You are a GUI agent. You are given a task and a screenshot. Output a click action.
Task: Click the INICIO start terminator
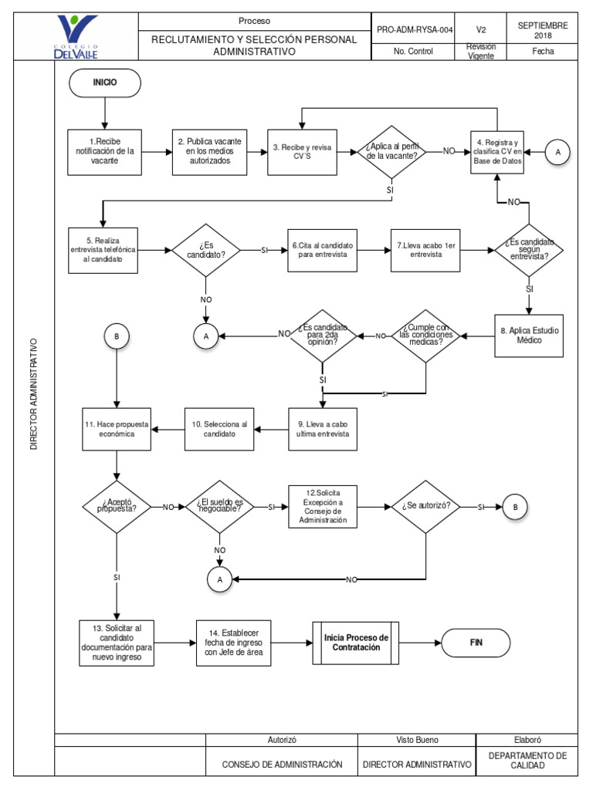click(x=104, y=82)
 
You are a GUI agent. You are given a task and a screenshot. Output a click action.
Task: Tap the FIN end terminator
click(x=476, y=642)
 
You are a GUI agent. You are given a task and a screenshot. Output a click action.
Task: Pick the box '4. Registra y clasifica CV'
click(x=498, y=151)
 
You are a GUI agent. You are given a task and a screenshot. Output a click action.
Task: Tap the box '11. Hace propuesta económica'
click(x=116, y=429)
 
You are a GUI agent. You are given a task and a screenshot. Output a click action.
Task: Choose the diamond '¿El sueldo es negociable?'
click(x=220, y=507)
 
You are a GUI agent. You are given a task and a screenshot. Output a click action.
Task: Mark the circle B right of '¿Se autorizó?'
click(x=514, y=507)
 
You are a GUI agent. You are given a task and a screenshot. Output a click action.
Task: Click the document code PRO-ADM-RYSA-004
click(x=414, y=29)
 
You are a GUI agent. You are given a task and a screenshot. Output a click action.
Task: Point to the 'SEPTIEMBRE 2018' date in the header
click(x=543, y=29)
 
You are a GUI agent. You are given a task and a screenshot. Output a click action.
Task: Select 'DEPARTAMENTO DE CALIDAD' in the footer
click(x=527, y=760)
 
